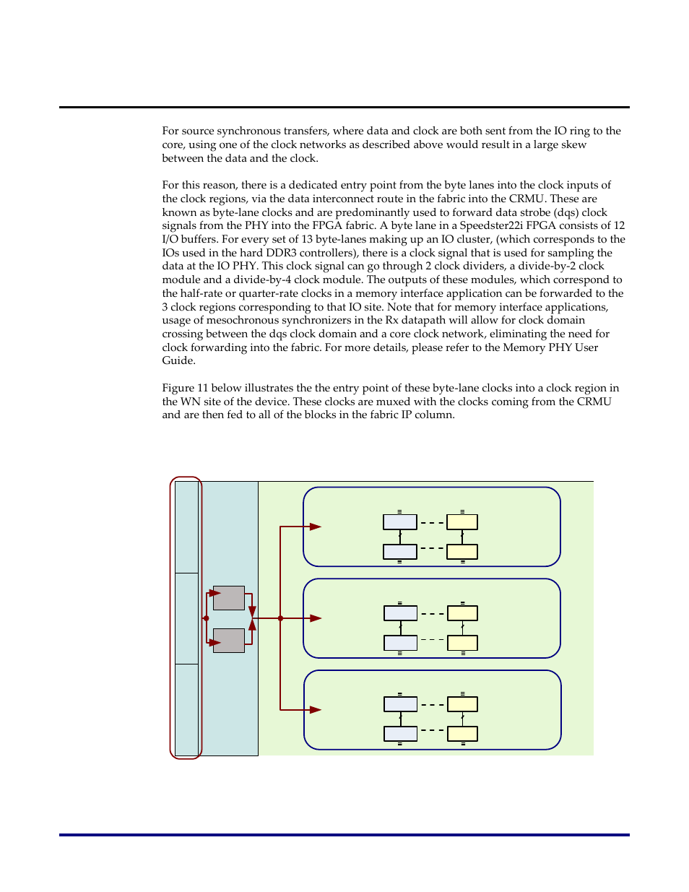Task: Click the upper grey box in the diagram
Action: coord(229,598)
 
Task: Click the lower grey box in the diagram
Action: coord(229,641)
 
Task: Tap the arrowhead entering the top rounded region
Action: coord(316,527)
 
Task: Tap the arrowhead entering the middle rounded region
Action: coord(316,618)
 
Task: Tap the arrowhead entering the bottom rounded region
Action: coord(316,710)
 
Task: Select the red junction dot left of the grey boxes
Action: coord(207,618)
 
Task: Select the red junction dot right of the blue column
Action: coord(280,618)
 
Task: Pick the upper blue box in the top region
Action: coord(400,522)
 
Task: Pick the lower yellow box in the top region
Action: coord(462,552)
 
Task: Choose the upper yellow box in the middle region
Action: coord(462,613)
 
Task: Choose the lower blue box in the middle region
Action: coord(400,643)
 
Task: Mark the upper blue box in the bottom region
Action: coord(401,704)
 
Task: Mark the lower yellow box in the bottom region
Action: coord(462,734)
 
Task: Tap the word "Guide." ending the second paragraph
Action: coord(179,360)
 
